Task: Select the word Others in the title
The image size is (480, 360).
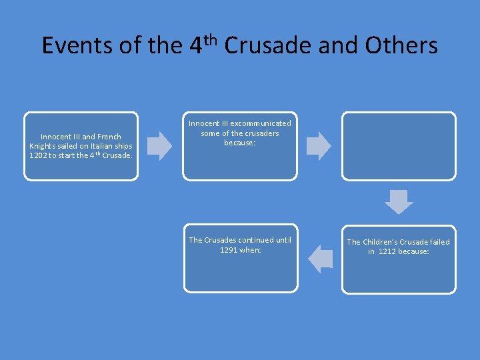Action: pyautogui.click(x=405, y=45)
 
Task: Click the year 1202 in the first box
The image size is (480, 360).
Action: pyautogui.click(x=37, y=155)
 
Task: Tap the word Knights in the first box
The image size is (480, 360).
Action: pyautogui.click(x=43, y=146)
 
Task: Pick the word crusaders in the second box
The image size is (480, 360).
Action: pyautogui.click(x=261, y=133)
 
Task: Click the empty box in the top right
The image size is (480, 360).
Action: pyautogui.click(x=399, y=145)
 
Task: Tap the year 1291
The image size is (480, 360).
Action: pyautogui.click(x=230, y=250)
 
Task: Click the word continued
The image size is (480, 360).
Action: pyautogui.click(x=249, y=240)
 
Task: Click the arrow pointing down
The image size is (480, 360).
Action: pyautogui.click(x=399, y=201)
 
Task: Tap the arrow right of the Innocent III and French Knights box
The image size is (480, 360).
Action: pyautogui.click(x=159, y=145)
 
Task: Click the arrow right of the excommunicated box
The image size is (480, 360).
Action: pyautogui.click(x=319, y=145)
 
